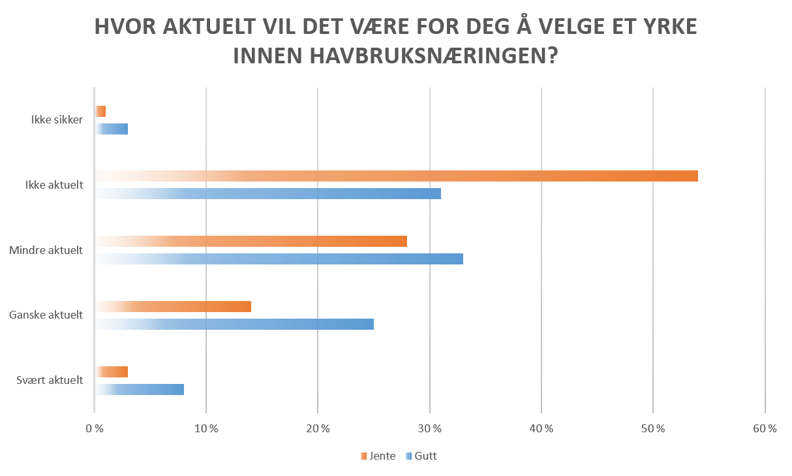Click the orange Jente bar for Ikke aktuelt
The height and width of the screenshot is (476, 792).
click(397, 176)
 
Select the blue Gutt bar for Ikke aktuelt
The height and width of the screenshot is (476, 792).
click(268, 194)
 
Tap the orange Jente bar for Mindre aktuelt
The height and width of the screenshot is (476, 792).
click(251, 242)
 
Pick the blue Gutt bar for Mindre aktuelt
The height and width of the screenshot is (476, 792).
click(279, 259)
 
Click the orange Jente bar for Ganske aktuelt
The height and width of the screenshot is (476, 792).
click(173, 307)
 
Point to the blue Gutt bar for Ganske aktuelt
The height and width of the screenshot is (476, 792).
click(234, 325)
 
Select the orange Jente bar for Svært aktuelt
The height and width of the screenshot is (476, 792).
click(112, 372)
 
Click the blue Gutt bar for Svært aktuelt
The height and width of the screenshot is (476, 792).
click(140, 390)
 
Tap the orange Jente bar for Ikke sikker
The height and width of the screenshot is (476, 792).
click(100, 112)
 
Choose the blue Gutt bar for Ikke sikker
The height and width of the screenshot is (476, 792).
click(112, 129)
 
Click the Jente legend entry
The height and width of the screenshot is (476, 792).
click(378, 456)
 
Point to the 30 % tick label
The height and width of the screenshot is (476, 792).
click(429, 429)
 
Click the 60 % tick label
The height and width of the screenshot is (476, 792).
click(765, 429)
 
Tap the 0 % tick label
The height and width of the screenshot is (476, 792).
click(95, 429)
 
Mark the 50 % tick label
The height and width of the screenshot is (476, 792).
click(653, 429)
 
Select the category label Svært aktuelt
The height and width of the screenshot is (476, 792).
click(50, 381)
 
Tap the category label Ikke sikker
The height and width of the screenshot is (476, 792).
click(57, 120)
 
